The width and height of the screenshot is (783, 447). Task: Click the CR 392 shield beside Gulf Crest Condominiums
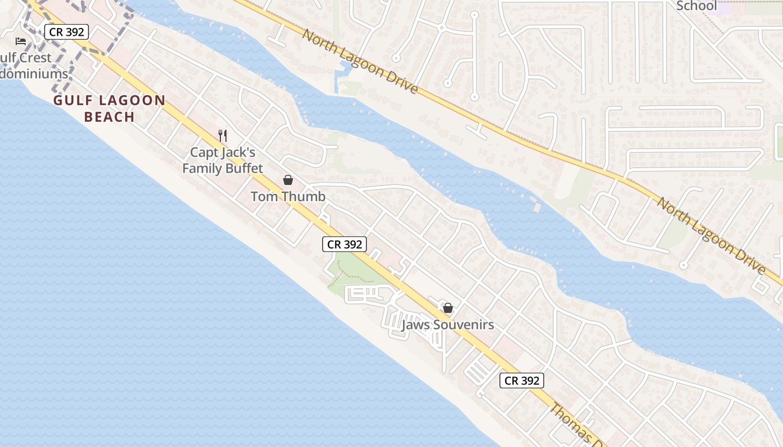click(x=67, y=32)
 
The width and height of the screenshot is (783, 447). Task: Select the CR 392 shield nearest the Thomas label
click(x=521, y=381)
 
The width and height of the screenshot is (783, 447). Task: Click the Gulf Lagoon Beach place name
click(x=110, y=108)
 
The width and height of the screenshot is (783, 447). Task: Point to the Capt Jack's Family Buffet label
click(x=223, y=160)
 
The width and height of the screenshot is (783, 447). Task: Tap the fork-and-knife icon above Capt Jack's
click(x=223, y=135)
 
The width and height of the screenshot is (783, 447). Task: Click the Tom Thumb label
click(x=288, y=197)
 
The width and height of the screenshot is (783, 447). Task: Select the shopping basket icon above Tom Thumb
click(x=288, y=180)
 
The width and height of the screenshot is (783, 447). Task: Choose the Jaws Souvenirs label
click(x=447, y=325)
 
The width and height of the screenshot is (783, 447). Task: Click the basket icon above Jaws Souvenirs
click(x=447, y=308)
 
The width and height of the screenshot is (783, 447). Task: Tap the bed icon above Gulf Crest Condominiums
click(x=21, y=41)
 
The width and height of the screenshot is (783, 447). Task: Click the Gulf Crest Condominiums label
click(x=31, y=65)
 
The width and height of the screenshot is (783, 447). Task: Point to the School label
click(x=696, y=6)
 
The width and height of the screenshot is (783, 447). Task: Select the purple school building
click(x=725, y=8)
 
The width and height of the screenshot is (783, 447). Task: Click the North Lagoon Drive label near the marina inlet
click(x=360, y=61)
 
